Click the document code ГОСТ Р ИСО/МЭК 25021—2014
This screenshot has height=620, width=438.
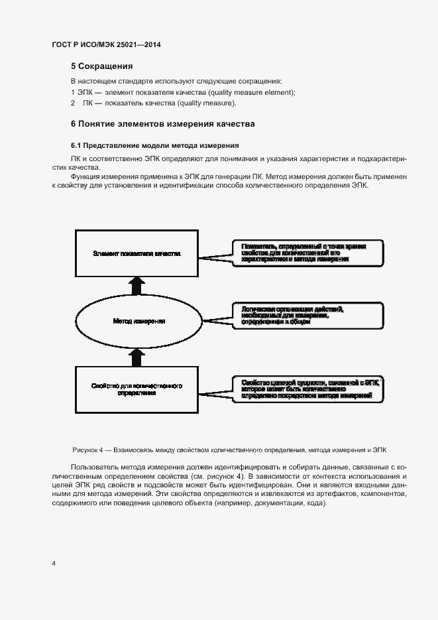click(x=106, y=44)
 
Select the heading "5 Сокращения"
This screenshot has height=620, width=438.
click(x=102, y=66)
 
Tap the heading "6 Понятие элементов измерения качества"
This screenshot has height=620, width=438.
click(x=162, y=124)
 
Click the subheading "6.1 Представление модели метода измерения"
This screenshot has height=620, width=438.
click(x=154, y=145)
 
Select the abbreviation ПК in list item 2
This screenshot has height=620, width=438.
click(x=87, y=103)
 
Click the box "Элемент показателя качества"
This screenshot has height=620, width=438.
click(x=137, y=253)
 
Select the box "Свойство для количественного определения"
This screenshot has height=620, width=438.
click(x=137, y=389)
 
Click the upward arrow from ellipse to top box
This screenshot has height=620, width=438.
click(x=137, y=285)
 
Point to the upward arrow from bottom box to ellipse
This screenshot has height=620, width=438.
click(x=137, y=357)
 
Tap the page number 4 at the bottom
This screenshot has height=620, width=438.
click(x=54, y=564)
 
